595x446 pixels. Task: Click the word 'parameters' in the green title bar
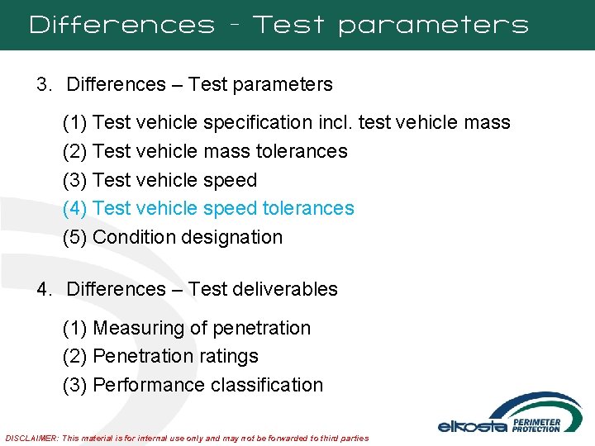point(433,26)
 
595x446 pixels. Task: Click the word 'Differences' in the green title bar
point(121,25)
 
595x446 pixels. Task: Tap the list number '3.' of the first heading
point(45,84)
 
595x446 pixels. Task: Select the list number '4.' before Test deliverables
point(45,289)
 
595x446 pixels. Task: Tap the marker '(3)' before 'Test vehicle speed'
point(75,180)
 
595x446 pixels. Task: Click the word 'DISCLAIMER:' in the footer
point(32,438)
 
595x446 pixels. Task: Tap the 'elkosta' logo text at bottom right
point(473,426)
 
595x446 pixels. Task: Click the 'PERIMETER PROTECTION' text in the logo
point(537,425)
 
